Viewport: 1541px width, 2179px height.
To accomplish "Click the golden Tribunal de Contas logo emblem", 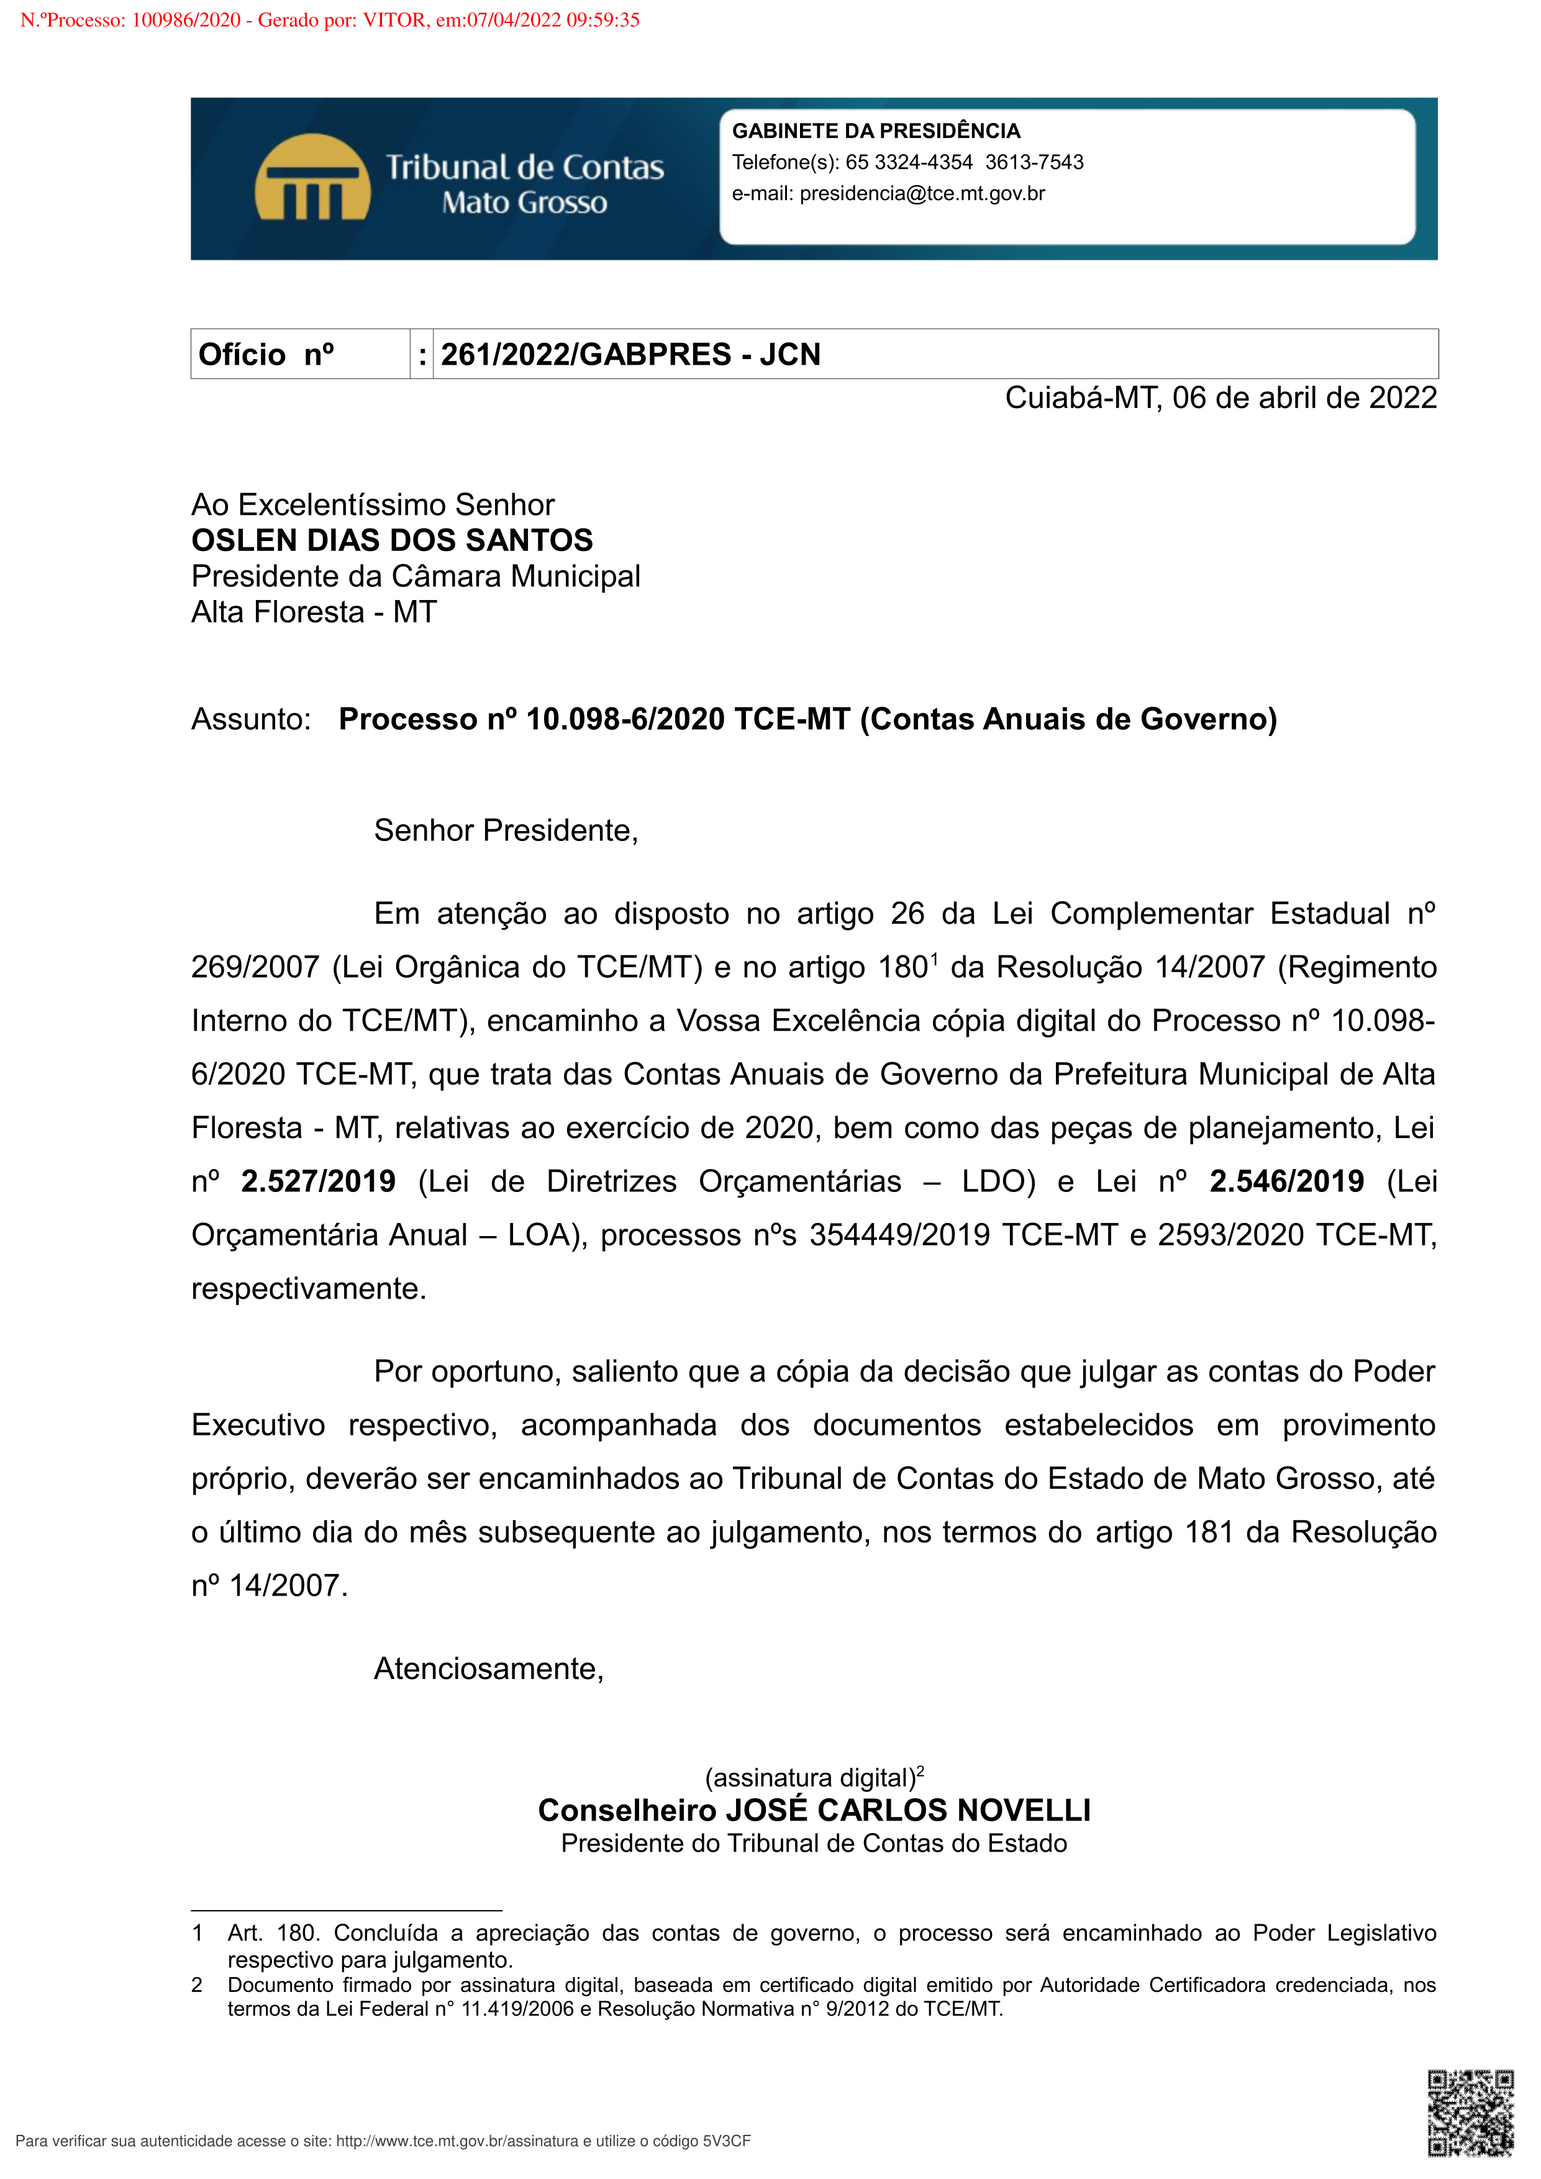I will coord(312,178).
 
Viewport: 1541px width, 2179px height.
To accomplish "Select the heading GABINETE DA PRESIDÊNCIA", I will coord(876,131).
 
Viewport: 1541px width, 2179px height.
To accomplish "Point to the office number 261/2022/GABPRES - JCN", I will coord(630,354).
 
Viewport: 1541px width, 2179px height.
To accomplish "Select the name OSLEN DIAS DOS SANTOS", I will coord(392,540).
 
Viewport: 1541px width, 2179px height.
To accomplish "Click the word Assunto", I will coord(250,719).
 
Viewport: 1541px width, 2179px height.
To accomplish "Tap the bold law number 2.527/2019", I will coord(318,1181).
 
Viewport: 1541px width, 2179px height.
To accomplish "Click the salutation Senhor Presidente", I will coord(506,830).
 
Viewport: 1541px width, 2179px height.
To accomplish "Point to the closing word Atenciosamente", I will coord(489,1668).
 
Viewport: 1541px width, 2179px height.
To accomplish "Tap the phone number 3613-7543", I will coord(1034,162).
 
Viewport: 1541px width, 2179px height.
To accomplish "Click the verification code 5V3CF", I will coord(726,2141).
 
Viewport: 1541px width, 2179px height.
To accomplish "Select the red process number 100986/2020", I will coord(186,20).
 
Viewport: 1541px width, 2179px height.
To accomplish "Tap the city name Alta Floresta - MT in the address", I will coord(314,612).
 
